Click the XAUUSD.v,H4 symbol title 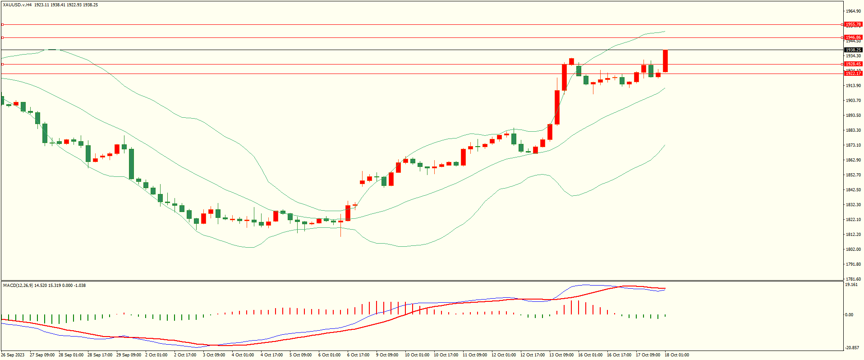[17, 5]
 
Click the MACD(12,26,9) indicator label [18, 286]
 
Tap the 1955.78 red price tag [853, 24]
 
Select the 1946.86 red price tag [853, 37]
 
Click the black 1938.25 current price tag [853, 50]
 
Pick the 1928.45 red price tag [853, 64]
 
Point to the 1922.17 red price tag [853, 73]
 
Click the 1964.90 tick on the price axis [853, 11]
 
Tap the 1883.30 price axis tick [853, 130]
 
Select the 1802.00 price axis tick [853, 249]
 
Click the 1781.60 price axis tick [853, 279]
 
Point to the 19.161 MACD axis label [851, 285]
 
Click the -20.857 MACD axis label [852, 348]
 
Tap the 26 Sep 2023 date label [13, 355]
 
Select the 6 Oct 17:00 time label [358, 355]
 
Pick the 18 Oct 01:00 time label [676, 355]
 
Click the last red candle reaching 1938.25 [665, 61]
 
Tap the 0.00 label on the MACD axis [849, 315]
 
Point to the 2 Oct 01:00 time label [156, 355]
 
